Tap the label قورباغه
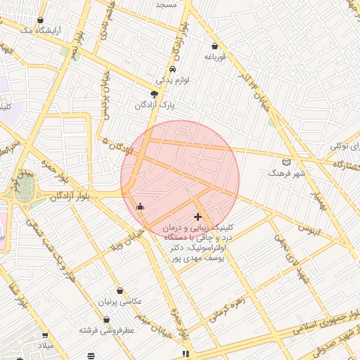click(x=214, y=58)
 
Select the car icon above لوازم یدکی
click(x=172, y=70)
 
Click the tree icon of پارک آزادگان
click(x=155, y=94)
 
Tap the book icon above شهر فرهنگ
click(x=285, y=162)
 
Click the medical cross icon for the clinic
click(x=198, y=217)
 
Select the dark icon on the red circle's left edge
click(x=140, y=206)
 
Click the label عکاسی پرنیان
click(x=120, y=301)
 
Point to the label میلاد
click(x=45, y=346)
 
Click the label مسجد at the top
click(x=166, y=4)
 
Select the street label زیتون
click(x=308, y=229)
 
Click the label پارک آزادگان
click(x=155, y=105)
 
